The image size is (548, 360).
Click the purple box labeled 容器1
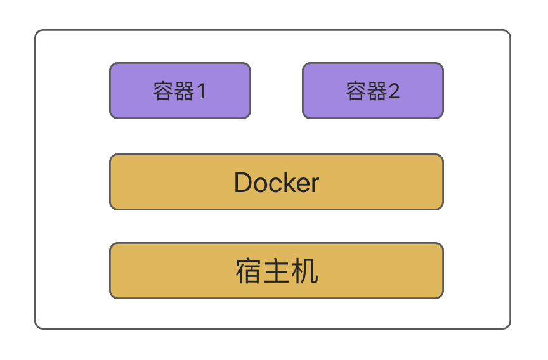pyautogui.click(x=180, y=91)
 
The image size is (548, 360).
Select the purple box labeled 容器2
pyautogui.click(x=373, y=91)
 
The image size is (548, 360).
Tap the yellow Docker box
pyautogui.click(x=277, y=182)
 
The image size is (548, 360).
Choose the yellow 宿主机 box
pyautogui.click(x=277, y=271)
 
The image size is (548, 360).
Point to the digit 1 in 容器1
pyautogui.click(x=201, y=92)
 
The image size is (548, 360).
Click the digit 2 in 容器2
pyautogui.click(x=393, y=92)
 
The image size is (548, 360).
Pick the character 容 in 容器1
pyautogui.click(x=164, y=92)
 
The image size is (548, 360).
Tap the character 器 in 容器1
pyautogui.click(x=184, y=92)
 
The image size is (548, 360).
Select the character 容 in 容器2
pyautogui.click(x=356, y=92)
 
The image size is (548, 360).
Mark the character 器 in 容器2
pyautogui.click(x=377, y=92)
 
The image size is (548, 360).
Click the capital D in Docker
pyautogui.click(x=244, y=183)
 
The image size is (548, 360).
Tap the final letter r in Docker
pyautogui.click(x=315, y=184)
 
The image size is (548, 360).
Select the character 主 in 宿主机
pyautogui.click(x=277, y=272)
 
